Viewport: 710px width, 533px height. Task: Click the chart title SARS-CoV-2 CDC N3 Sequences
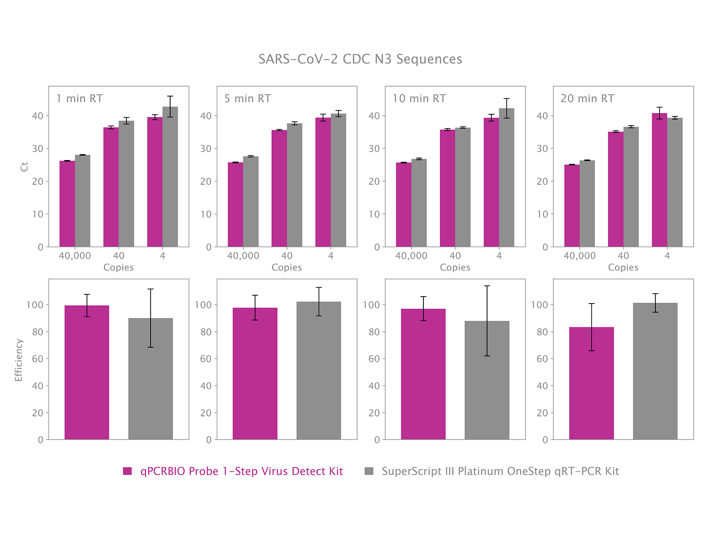[x=360, y=59]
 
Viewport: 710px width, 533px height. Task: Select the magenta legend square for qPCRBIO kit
[x=127, y=471]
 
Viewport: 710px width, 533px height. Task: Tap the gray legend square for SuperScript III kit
[x=369, y=471]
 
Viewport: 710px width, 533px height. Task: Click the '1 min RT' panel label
[x=80, y=99]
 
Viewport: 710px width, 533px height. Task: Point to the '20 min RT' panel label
[x=587, y=99]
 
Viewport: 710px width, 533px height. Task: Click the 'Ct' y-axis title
[x=24, y=167]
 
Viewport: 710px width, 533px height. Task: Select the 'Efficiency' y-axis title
[x=18, y=360]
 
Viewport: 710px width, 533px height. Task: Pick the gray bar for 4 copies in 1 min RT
[x=170, y=178]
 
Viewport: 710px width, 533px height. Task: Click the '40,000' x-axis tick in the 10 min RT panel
[x=411, y=256]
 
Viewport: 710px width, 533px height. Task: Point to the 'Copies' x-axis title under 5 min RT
[x=287, y=268]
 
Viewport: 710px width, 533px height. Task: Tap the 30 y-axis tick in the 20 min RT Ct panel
[x=542, y=149]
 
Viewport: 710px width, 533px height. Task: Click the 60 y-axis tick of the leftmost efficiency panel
[x=38, y=359]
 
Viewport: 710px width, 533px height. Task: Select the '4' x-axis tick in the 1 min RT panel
[x=162, y=256]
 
